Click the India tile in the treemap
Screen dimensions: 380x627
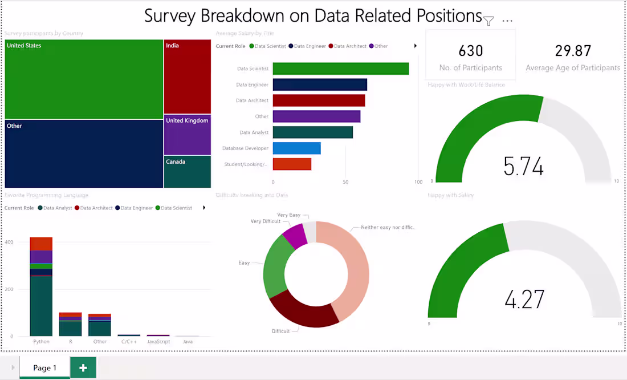coord(187,76)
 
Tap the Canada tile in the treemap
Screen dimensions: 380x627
coord(187,172)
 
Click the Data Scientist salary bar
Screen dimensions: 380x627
coord(340,68)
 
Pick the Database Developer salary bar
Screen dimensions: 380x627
coord(296,148)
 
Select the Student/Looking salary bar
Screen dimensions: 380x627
coord(292,164)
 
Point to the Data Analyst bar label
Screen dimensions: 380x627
coord(254,132)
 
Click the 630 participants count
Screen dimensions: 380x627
coord(470,51)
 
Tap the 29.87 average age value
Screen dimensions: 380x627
coord(573,51)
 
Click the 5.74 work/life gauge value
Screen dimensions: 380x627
coord(523,166)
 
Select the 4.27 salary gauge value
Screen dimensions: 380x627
coord(524,299)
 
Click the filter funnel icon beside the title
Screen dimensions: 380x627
coord(488,21)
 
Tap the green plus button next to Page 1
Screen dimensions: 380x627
coord(83,367)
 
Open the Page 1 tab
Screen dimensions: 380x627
coord(44,367)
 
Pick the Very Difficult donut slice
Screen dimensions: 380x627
coord(294,235)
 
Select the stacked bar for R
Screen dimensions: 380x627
coord(70,324)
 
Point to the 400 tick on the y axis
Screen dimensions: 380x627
coord(9,242)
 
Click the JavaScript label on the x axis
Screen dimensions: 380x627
coord(158,342)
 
